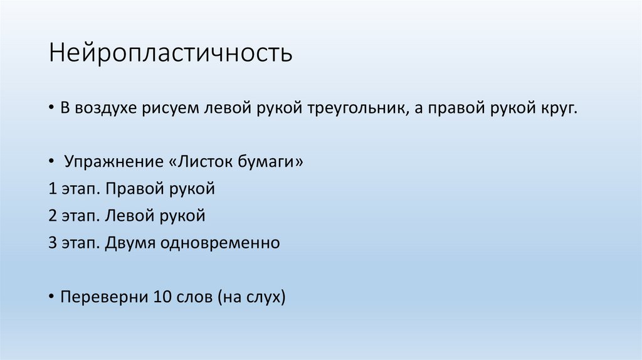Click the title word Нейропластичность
point(171,53)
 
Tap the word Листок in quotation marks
point(207,162)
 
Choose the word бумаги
point(272,162)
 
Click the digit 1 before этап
point(51,189)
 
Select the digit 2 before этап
point(51,216)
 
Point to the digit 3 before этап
point(51,243)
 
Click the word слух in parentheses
point(264,297)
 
